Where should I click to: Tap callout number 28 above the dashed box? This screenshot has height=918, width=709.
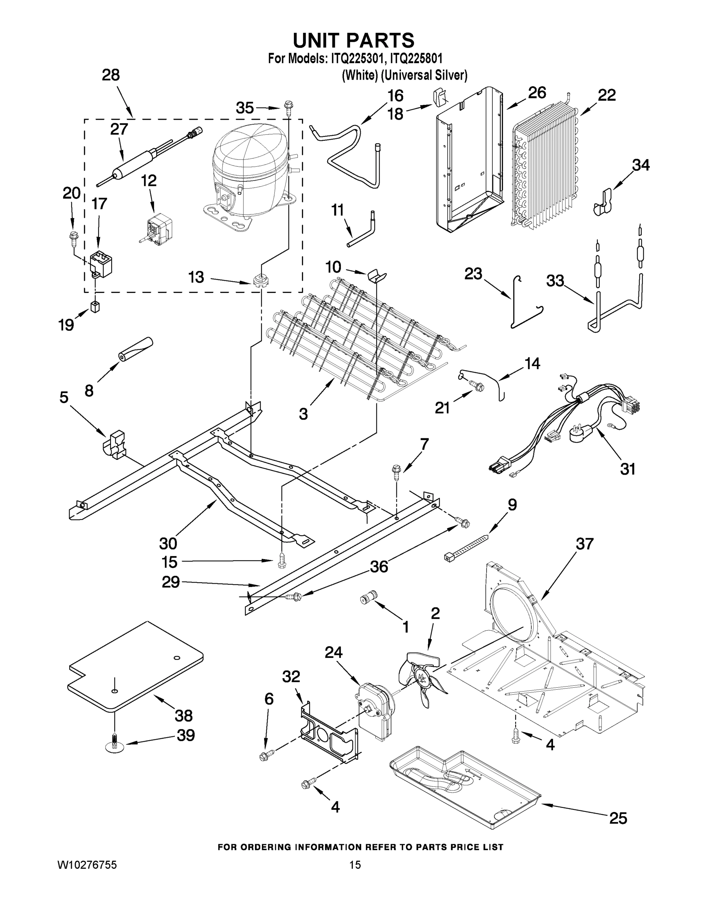[x=110, y=75]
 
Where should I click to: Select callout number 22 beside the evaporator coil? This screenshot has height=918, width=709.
[x=607, y=95]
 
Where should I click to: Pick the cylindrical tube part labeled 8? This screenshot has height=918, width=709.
[x=135, y=349]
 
